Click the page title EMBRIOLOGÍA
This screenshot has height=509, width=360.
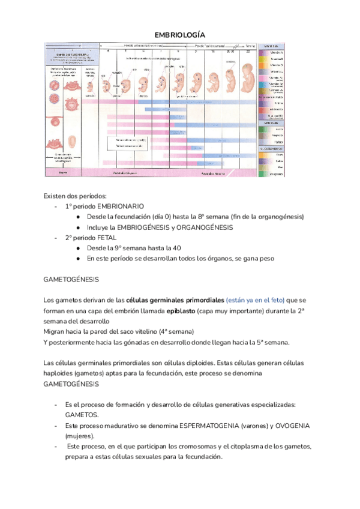[x=179, y=34]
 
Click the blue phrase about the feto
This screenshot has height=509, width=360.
[x=255, y=300]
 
